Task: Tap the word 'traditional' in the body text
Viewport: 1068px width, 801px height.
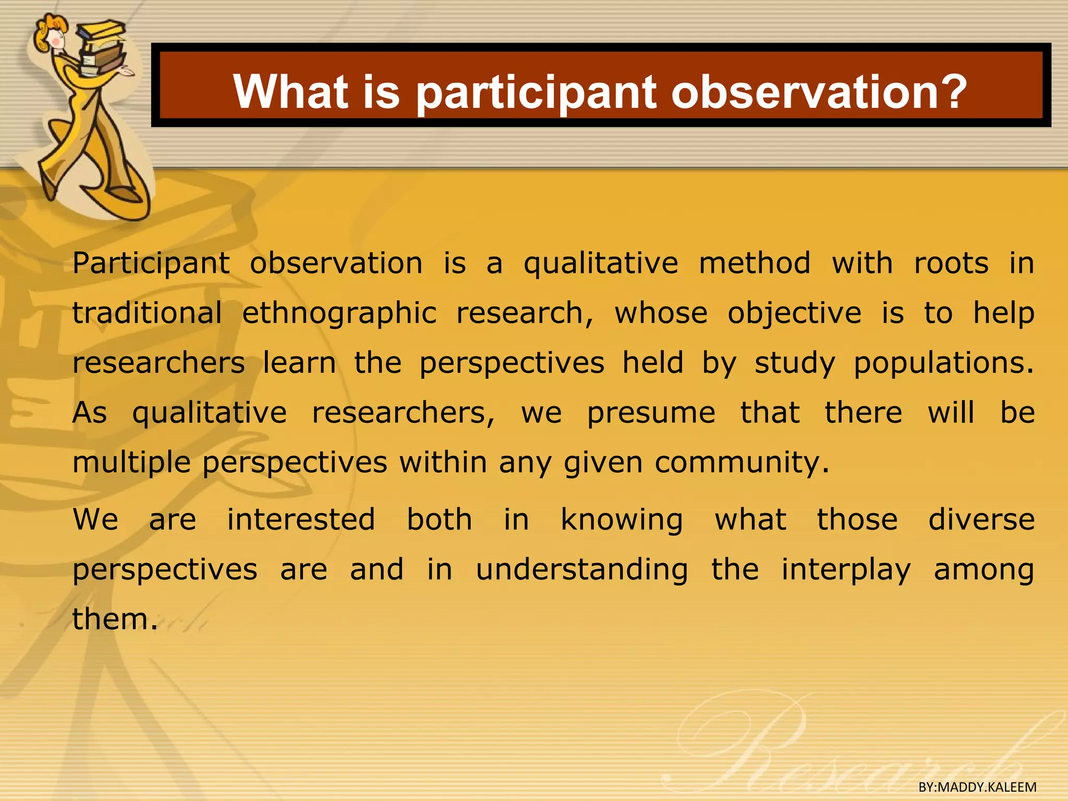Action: click(148, 313)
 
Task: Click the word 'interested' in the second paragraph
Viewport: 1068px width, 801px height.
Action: click(301, 520)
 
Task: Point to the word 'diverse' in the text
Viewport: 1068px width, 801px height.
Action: click(981, 520)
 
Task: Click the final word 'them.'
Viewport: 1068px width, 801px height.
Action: click(115, 620)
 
